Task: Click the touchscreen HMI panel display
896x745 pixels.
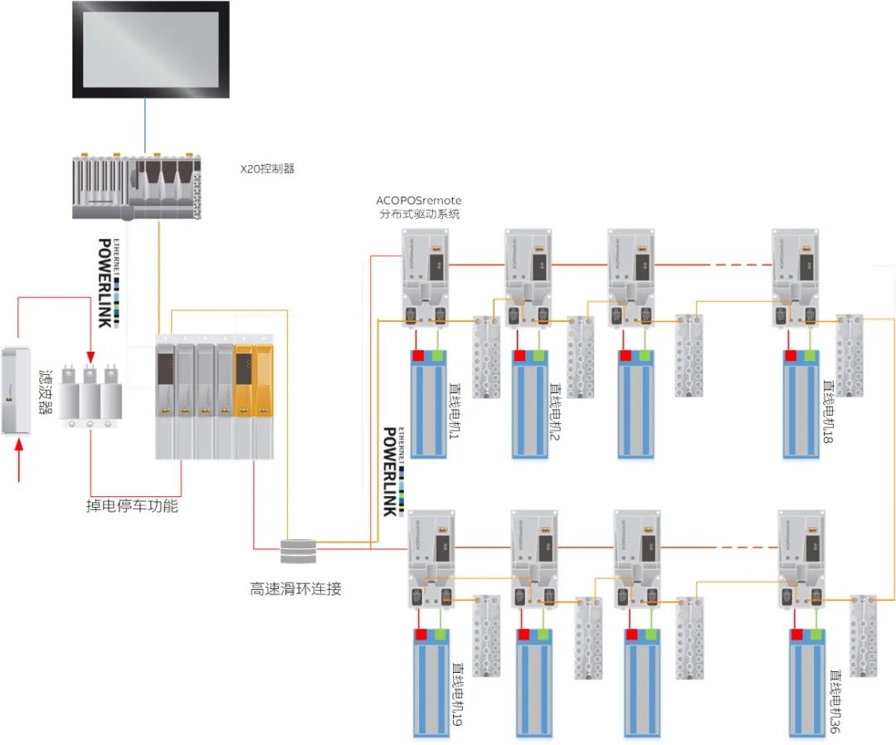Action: click(x=150, y=49)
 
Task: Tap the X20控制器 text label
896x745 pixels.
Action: click(x=267, y=168)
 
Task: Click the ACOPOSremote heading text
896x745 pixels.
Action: click(x=418, y=200)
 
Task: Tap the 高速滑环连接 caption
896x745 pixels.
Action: click(x=296, y=590)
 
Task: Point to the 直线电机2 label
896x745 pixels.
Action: click(x=553, y=420)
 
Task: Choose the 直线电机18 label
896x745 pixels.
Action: click(x=827, y=411)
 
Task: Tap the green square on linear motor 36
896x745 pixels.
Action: click(x=819, y=635)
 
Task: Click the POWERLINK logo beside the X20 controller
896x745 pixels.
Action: click(x=105, y=282)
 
